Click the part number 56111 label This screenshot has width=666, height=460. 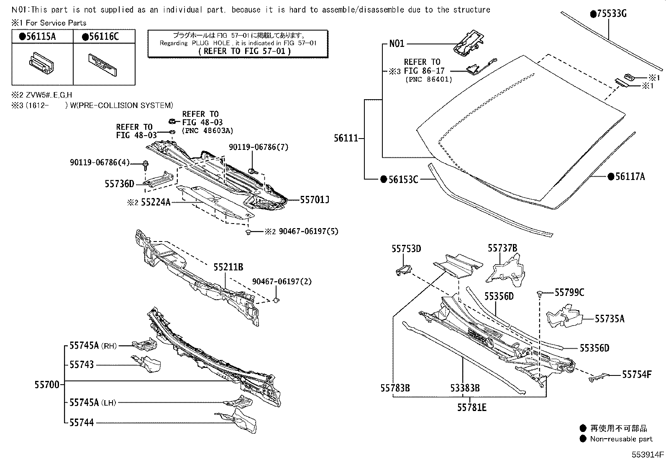[346, 138]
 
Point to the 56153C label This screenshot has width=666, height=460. [402, 180]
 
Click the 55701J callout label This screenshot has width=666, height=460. [315, 200]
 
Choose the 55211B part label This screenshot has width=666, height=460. [228, 267]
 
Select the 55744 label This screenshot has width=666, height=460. [82, 423]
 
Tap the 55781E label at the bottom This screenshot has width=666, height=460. [472, 407]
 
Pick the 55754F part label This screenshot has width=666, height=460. [636, 375]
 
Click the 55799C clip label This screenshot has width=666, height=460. [569, 293]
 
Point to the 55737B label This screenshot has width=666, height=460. [502, 249]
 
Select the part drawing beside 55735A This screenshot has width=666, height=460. [565, 316]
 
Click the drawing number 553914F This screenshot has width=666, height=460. [648, 454]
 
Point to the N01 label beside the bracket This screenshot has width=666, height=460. [397, 44]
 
